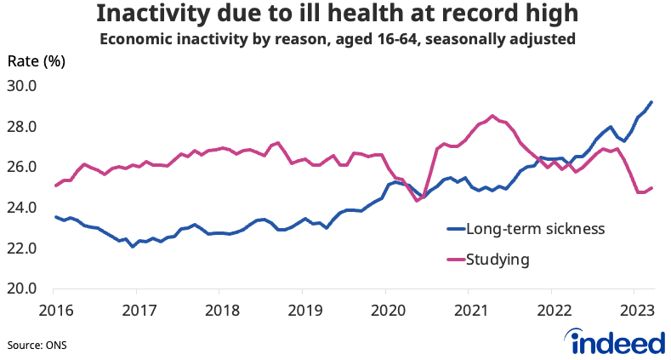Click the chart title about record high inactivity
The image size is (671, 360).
335,14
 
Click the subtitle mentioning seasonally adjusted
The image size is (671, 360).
335,39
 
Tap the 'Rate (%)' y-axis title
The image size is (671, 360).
36,61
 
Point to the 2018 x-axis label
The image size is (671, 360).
219,308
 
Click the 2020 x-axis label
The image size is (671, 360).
385,308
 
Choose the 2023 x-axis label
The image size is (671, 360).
634,308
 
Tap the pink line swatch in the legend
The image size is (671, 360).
458,260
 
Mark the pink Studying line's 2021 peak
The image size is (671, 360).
492,116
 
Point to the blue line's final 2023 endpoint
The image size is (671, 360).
651,102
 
